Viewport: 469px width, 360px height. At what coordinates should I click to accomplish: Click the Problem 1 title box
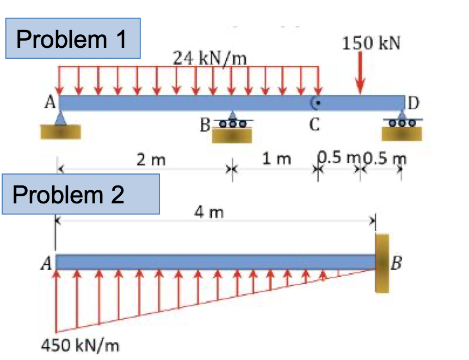(73, 39)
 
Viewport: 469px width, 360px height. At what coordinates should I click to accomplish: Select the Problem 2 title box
(80, 194)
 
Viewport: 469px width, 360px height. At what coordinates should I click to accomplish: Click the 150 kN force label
(372, 43)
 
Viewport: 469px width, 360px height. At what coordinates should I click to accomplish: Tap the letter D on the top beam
(413, 102)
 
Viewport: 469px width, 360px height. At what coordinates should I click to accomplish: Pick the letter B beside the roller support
(205, 127)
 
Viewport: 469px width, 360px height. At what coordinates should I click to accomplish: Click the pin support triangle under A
(61, 117)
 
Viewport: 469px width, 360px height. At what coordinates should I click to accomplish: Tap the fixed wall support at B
(382, 263)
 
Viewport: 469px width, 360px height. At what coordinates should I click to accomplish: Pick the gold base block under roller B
(232, 136)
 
